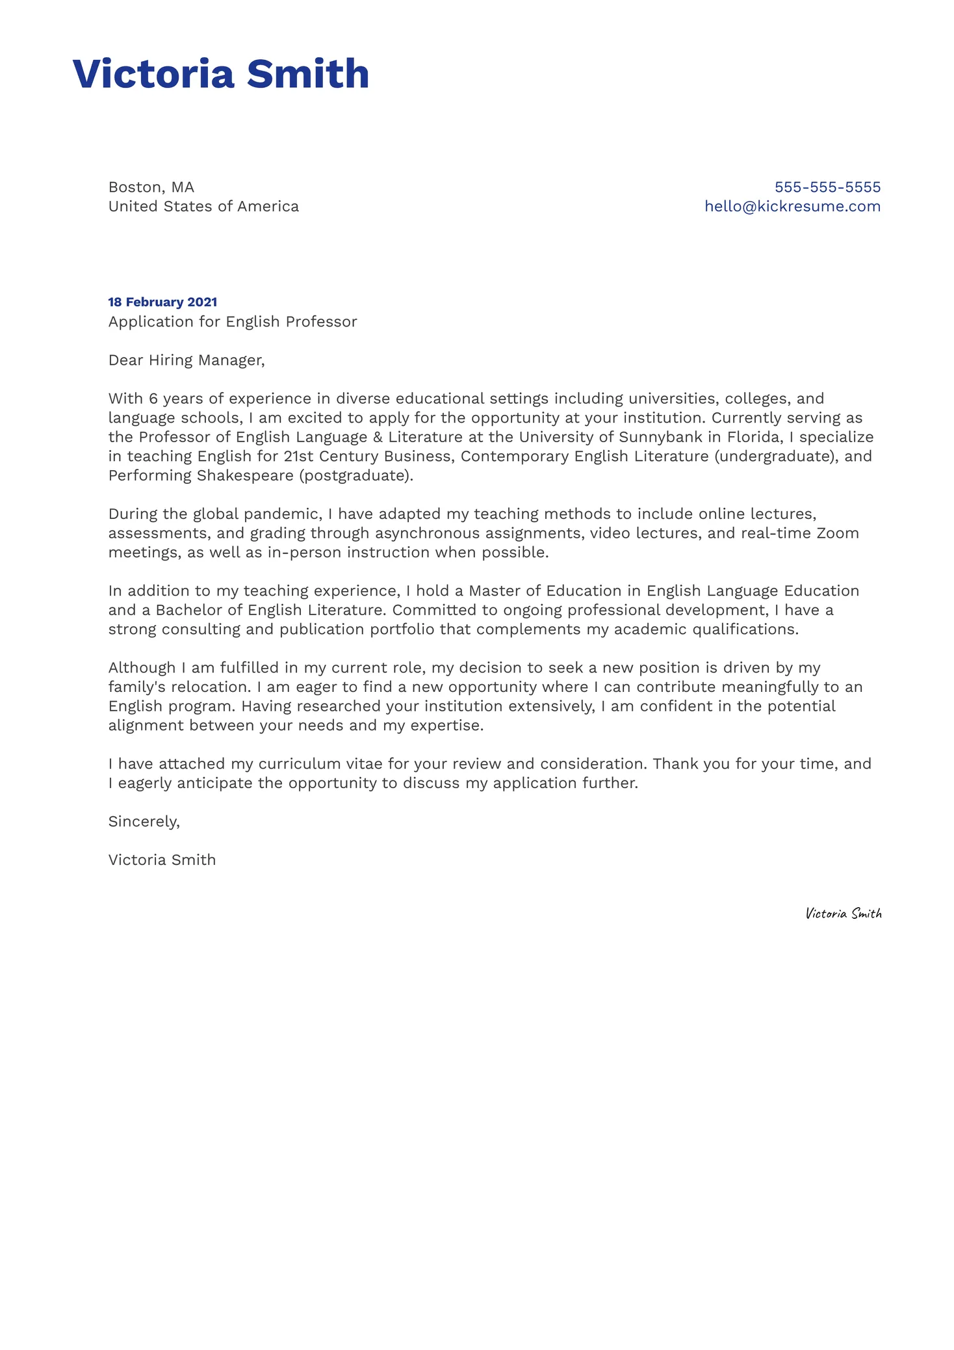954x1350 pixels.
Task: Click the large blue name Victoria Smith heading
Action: click(220, 73)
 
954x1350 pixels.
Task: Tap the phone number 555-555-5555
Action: click(827, 187)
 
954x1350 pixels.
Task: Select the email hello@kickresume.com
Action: click(792, 206)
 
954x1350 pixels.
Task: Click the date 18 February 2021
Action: click(162, 302)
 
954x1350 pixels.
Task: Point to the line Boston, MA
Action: click(151, 187)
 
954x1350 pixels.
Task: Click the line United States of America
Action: click(203, 206)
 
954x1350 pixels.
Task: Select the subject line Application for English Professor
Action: click(233, 321)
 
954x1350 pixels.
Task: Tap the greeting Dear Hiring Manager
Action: click(187, 360)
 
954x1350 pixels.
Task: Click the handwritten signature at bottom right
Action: click(843, 913)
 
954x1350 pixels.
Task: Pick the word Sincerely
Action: click(144, 821)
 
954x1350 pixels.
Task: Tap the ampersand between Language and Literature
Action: click(378, 437)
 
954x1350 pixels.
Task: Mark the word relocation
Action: click(210, 687)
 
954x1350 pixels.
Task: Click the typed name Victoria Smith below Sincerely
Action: click(162, 860)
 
